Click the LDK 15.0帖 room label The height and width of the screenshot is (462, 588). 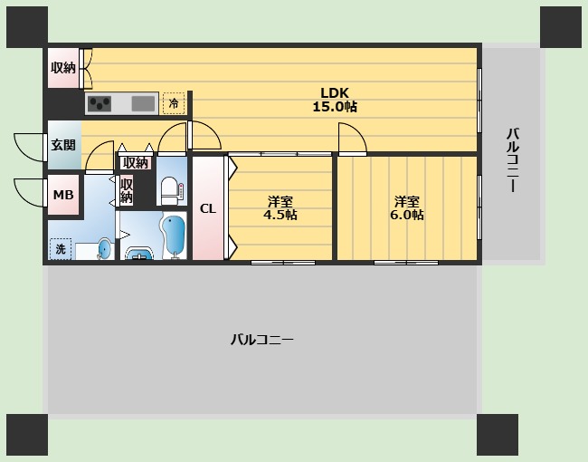[x=334, y=99]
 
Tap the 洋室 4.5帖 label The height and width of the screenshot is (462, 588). [x=280, y=208]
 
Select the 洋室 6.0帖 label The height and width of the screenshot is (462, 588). [x=407, y=208]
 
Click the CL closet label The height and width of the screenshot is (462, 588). [x=208, y=208]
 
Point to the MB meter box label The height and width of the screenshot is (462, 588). [x=62, y=195]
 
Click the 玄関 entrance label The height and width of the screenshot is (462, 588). [x=63, y=144]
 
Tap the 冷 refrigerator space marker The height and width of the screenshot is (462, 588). [x=174, y=104]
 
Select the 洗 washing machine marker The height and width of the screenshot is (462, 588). [x=61, y=247]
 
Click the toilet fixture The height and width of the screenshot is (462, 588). [x=170, y=190]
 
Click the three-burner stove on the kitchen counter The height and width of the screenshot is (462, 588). [x=99, y=103]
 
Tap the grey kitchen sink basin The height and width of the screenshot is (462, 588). [x=143, y=103]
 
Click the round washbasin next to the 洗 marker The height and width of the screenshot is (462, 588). [x=104, y=247]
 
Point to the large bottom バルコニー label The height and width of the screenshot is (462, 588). [x=261, y=340]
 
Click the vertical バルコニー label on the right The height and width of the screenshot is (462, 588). [x=512, y=160]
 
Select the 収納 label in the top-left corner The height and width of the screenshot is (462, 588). [x=63, y=67]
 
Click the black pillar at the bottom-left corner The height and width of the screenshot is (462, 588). [x=27, y=435]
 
